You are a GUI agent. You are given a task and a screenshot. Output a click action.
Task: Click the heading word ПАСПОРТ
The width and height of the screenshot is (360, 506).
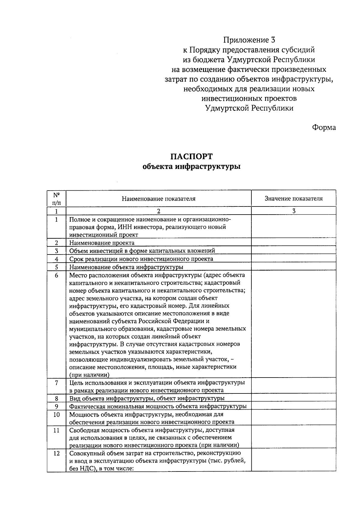191,157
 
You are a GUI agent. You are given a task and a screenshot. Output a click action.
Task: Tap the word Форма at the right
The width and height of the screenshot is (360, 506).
324,128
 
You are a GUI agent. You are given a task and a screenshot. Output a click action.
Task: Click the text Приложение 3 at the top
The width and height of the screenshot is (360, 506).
249,40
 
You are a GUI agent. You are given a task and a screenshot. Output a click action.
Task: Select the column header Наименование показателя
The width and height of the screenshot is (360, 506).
158,199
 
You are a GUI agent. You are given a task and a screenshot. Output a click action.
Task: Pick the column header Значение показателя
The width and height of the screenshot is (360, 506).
293,199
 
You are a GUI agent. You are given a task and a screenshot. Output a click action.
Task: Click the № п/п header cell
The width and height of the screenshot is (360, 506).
56,198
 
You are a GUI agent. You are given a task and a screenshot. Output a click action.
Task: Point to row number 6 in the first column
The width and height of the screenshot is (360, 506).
56,275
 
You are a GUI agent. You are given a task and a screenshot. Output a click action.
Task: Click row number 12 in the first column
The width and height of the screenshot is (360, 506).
56,453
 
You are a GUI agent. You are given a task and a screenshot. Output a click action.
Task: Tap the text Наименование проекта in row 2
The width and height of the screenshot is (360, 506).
102,243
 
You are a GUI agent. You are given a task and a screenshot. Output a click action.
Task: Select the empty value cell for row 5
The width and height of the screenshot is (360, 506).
293,267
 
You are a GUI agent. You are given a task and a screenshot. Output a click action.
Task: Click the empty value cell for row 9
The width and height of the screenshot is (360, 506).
293,406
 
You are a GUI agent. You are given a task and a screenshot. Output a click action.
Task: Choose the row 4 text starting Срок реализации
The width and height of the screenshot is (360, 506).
141,259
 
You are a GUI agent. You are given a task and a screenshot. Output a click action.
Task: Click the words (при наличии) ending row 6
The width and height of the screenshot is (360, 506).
89,375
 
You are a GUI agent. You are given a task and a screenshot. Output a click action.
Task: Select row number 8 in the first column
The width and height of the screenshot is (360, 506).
56,399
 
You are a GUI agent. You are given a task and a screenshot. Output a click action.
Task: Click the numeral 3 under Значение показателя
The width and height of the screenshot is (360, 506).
294,211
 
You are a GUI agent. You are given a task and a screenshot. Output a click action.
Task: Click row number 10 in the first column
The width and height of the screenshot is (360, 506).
56,415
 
